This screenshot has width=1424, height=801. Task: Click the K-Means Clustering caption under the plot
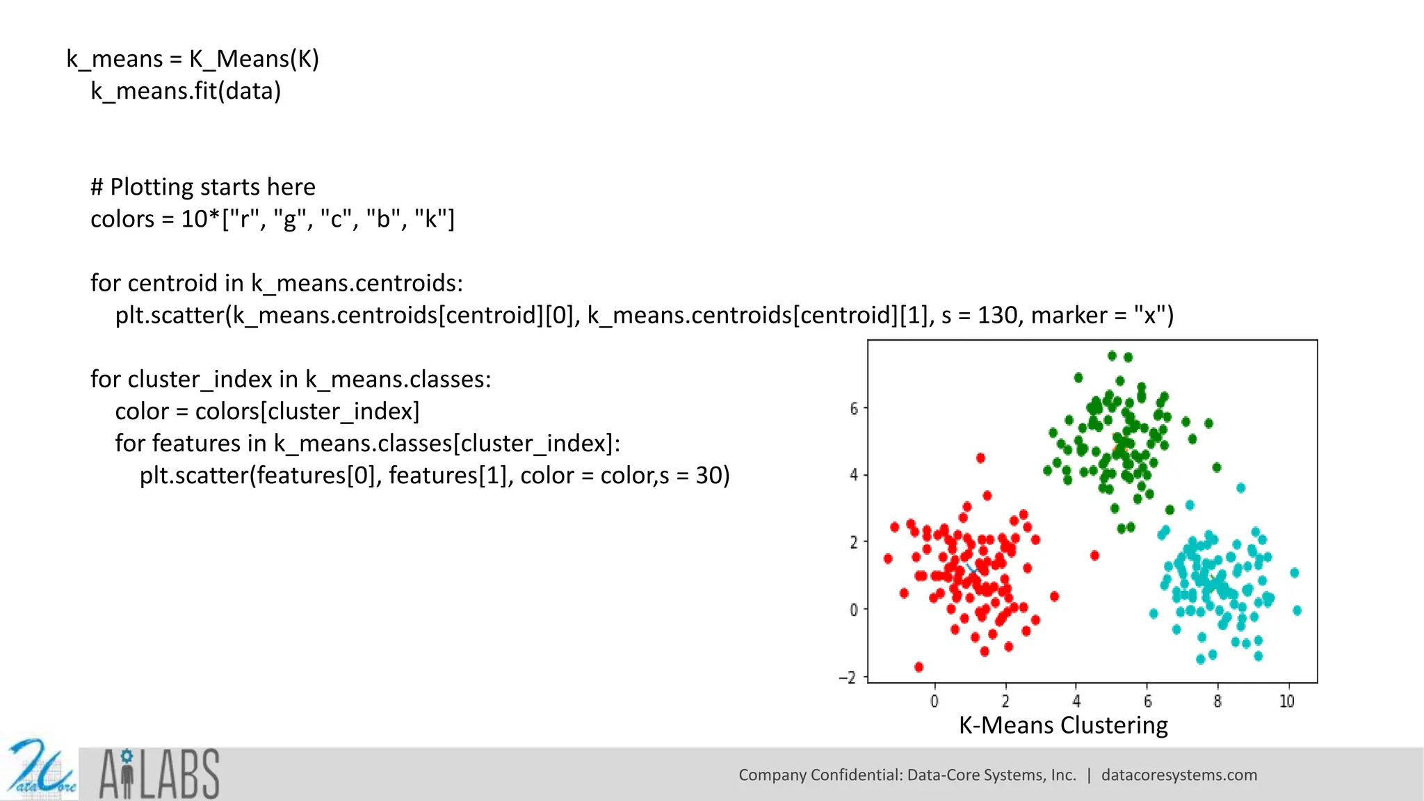[1063, 725]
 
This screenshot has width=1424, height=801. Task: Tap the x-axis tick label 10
[1287, 701]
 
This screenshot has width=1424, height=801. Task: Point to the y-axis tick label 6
[854, 408]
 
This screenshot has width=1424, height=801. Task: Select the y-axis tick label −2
[848, 677]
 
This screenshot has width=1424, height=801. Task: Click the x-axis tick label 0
[934, 701]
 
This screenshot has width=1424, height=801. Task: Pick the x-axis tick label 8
[1217, 701]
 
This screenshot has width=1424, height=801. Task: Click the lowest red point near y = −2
[919, 667]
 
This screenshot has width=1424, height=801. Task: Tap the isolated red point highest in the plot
[980, 458]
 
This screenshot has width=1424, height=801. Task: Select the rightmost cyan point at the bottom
[1297, 610]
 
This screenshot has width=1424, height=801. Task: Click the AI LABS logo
[159, 774]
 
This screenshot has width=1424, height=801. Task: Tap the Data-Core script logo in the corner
[40, 770]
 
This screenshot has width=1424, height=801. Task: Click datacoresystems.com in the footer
[1179, 775]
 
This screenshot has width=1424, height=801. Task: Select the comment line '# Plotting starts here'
[203, 187]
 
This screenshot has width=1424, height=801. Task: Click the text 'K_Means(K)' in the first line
[254, 59]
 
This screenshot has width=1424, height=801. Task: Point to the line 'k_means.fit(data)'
[186, 91]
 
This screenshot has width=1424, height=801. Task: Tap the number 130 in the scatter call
[997, 316]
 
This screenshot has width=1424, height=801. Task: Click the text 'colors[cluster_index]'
[307, 412]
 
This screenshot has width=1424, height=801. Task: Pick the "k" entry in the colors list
[430, 220]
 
